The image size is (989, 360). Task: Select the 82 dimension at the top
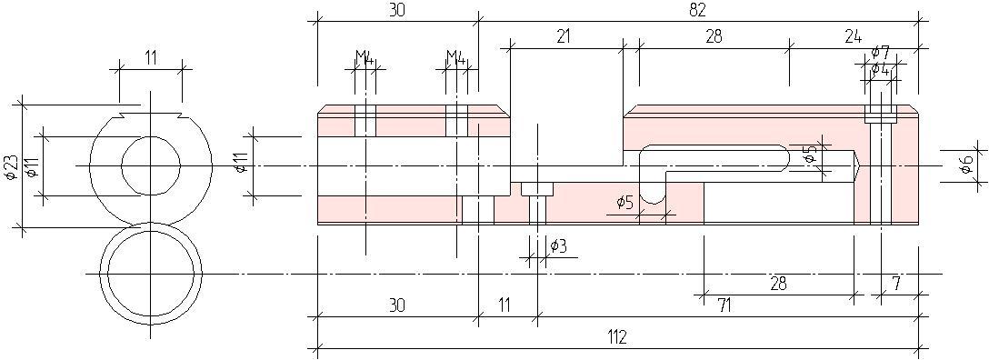[698, 9]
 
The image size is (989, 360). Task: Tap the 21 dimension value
[564, 36]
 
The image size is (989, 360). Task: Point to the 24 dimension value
[853, 36]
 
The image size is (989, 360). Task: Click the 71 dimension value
[724, 306]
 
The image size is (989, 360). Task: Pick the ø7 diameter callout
[881, 52]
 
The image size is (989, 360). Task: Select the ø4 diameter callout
[881, 69]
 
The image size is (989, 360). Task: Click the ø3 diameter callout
[558, 245]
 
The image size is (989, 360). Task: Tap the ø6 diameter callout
[965, 165]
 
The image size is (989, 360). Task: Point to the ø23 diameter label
[10, 167]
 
